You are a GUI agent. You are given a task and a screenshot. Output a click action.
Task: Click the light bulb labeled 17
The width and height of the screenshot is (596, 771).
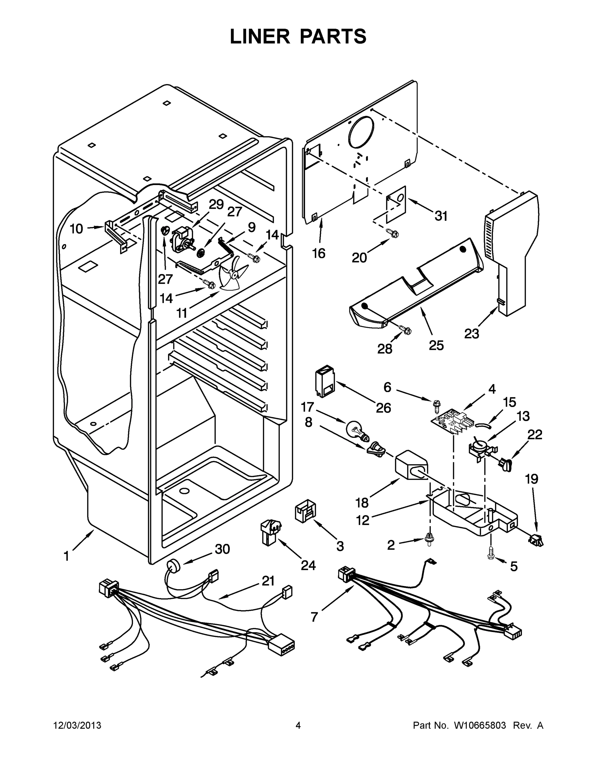357,431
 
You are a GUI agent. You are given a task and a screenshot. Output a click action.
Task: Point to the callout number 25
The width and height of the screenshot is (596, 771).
436,345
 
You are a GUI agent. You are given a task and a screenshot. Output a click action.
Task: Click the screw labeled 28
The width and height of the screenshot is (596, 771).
406,330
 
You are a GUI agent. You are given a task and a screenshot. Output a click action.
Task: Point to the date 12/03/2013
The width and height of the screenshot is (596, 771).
77,725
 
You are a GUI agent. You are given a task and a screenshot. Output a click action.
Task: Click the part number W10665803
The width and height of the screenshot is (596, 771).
480,725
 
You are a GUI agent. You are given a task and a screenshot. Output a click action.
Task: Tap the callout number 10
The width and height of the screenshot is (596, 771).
76,229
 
